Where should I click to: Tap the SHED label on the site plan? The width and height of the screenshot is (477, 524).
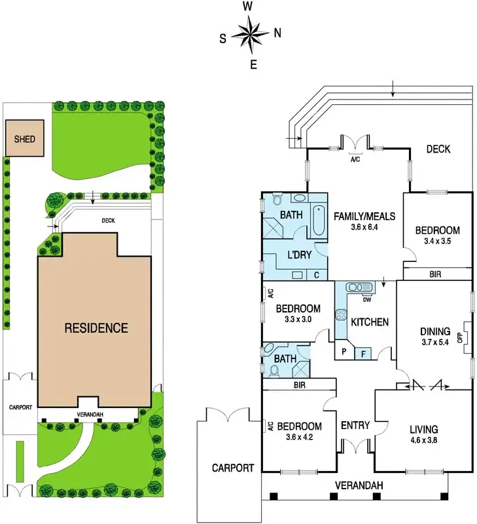pos(24,140)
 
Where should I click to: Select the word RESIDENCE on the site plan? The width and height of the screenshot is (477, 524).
pos(96,328)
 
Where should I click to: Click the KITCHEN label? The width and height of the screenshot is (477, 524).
pos(370,322)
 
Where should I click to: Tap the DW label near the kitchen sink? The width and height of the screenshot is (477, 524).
pos(367,301)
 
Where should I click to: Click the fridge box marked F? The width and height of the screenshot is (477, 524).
pos(364,353)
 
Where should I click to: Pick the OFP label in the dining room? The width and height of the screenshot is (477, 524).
pos(459,339)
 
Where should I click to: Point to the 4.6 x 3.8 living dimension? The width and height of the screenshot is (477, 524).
pos(423,440)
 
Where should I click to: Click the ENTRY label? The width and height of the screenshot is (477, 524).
pos(355,426)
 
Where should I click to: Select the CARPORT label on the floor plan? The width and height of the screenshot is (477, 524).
pos(232,468)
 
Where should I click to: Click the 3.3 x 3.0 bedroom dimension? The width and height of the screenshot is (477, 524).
pos(298,320)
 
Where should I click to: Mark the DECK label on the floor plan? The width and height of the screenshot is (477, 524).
pos(438,149)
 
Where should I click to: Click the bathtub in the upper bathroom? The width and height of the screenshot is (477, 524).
pos(317,221)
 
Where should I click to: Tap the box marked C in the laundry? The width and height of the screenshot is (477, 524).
pos(316,275)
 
